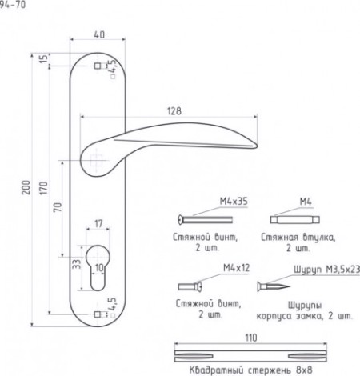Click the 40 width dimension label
coord(99,35)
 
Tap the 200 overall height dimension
coord(26,187)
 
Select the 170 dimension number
coord(43,188)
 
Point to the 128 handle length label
coord(174,111)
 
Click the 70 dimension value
coord(58,207)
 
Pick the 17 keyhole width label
coord(98,223)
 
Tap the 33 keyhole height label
coord(77,264)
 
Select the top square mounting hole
coord(98,66)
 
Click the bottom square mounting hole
coord(98,314)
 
